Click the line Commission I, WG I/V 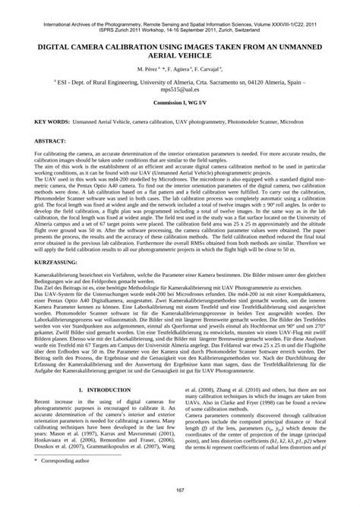click(180, 102)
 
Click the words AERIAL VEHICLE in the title click(180, 55)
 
